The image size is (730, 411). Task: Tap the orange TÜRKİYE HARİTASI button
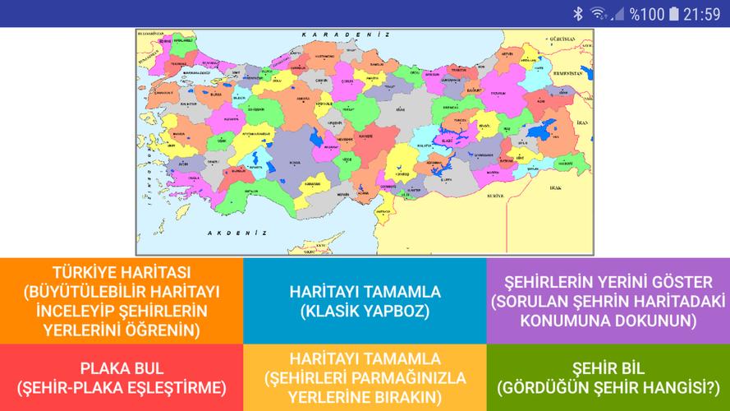[122, 301]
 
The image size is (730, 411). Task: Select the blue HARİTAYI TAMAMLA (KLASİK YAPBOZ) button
[365, 301]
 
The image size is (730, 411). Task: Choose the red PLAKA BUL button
[122, 377]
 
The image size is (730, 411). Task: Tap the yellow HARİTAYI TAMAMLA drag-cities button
[365, 377]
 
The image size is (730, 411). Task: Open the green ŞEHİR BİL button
[608, 377]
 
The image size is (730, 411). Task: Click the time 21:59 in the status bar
[702, 13]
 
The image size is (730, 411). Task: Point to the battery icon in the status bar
[674, 13]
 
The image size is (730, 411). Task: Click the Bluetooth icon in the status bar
[577, 13]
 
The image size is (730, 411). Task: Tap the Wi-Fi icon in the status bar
[598, 13]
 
